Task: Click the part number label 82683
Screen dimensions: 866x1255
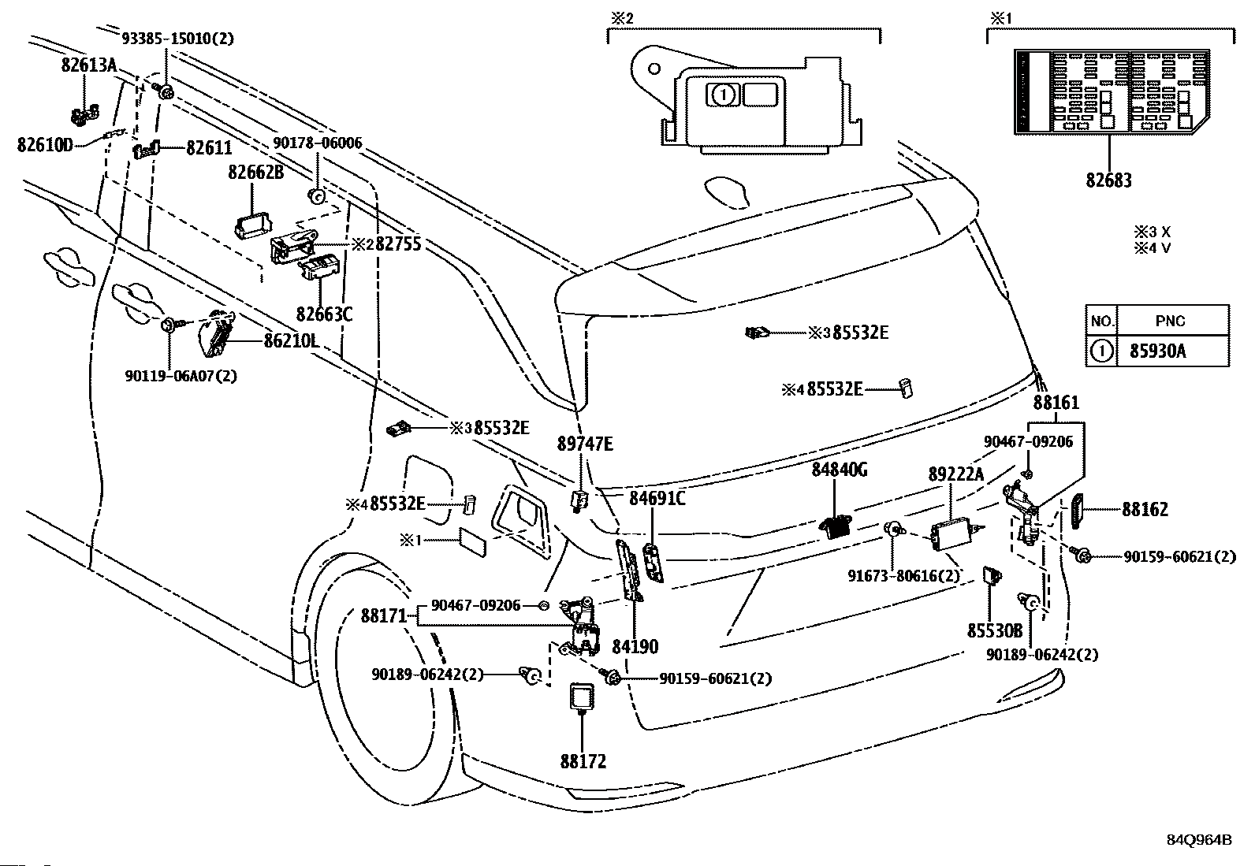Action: click(1108, 180)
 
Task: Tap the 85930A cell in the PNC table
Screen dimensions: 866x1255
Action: click(1156, 351)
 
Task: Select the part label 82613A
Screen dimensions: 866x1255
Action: click(88, 66)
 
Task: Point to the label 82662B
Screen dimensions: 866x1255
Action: click(255, 172)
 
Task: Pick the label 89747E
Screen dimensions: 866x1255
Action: click(584, 444)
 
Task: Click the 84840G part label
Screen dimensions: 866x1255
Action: click(840, 470)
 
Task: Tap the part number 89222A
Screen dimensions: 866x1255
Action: click(955, 474)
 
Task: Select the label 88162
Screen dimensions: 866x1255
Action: click(1145, 510)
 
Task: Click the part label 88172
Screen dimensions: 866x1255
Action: click(583, 762)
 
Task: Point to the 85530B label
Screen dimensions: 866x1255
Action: click(994, 631)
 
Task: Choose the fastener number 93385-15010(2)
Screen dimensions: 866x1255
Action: click(177, 38)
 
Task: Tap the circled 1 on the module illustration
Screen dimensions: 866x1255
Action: click(722, 95)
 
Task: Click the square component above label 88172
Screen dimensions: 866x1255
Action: click(583, 697)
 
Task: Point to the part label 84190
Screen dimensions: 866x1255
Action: click(635, 647)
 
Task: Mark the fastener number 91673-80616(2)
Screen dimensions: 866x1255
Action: click(903, 576)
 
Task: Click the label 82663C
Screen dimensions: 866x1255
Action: click(324, 314)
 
